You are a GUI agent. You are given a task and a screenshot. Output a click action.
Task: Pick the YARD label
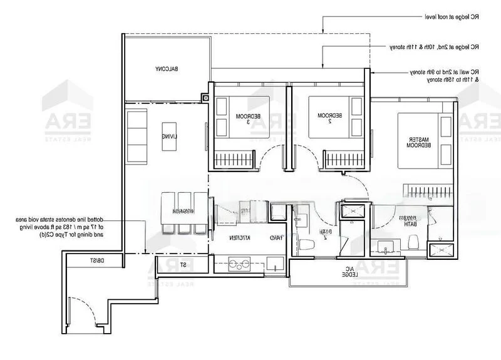(274, 239)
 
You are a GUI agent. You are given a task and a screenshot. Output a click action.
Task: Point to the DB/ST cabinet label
(96, 260)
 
